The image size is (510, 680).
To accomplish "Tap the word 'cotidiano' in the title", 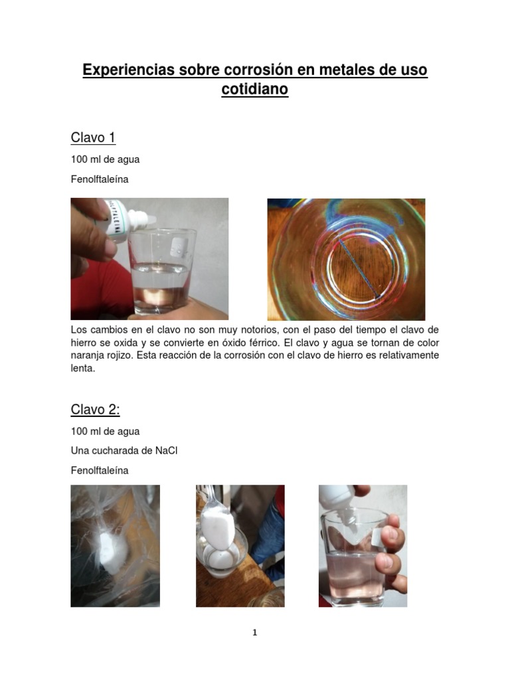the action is [x=254, y=89].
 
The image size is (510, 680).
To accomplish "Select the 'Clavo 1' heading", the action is [x=93, y=137].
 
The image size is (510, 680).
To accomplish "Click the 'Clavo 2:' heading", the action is [x=96, y=409].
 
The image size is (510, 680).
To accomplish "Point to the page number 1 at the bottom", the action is [x=254, y=633].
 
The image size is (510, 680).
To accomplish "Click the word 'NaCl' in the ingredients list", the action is [x=167, y=451].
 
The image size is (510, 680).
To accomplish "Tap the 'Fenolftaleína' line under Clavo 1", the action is [x=100, y=179].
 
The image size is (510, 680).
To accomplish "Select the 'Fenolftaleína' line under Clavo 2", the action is [x=100, y=471].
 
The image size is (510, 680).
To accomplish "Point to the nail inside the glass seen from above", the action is [x=359, y=268].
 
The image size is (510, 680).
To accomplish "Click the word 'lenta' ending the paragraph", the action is [x=83, y=369].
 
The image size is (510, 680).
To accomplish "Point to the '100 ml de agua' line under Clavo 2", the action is [x=106, y=431].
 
